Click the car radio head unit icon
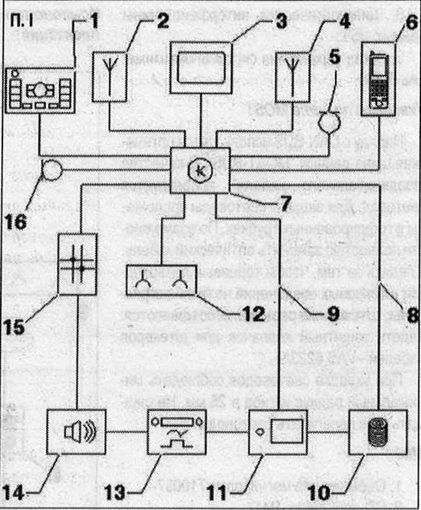[x=40, y=90]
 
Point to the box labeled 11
[x=277, y=433]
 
